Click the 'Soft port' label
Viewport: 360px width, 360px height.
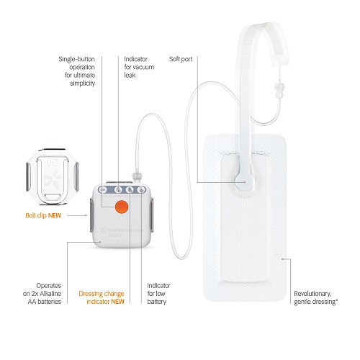181,59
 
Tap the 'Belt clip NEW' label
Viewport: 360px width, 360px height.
43,215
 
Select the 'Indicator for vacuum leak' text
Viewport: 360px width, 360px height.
139,67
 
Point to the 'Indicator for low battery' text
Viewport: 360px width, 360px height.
158,293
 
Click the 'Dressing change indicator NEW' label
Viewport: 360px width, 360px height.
102,297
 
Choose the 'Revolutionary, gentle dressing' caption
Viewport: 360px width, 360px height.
315,297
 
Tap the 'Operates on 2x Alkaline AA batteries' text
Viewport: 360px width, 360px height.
42,293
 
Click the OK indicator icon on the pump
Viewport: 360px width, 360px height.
104,190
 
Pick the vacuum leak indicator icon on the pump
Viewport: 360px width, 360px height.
118,190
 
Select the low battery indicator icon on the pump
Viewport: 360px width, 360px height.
141,190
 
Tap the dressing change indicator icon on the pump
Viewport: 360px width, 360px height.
130,190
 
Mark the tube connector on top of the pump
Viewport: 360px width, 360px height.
137,176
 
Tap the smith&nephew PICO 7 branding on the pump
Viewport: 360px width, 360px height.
122,232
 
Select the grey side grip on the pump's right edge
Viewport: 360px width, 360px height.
151,215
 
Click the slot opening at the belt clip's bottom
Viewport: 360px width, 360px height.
53,197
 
